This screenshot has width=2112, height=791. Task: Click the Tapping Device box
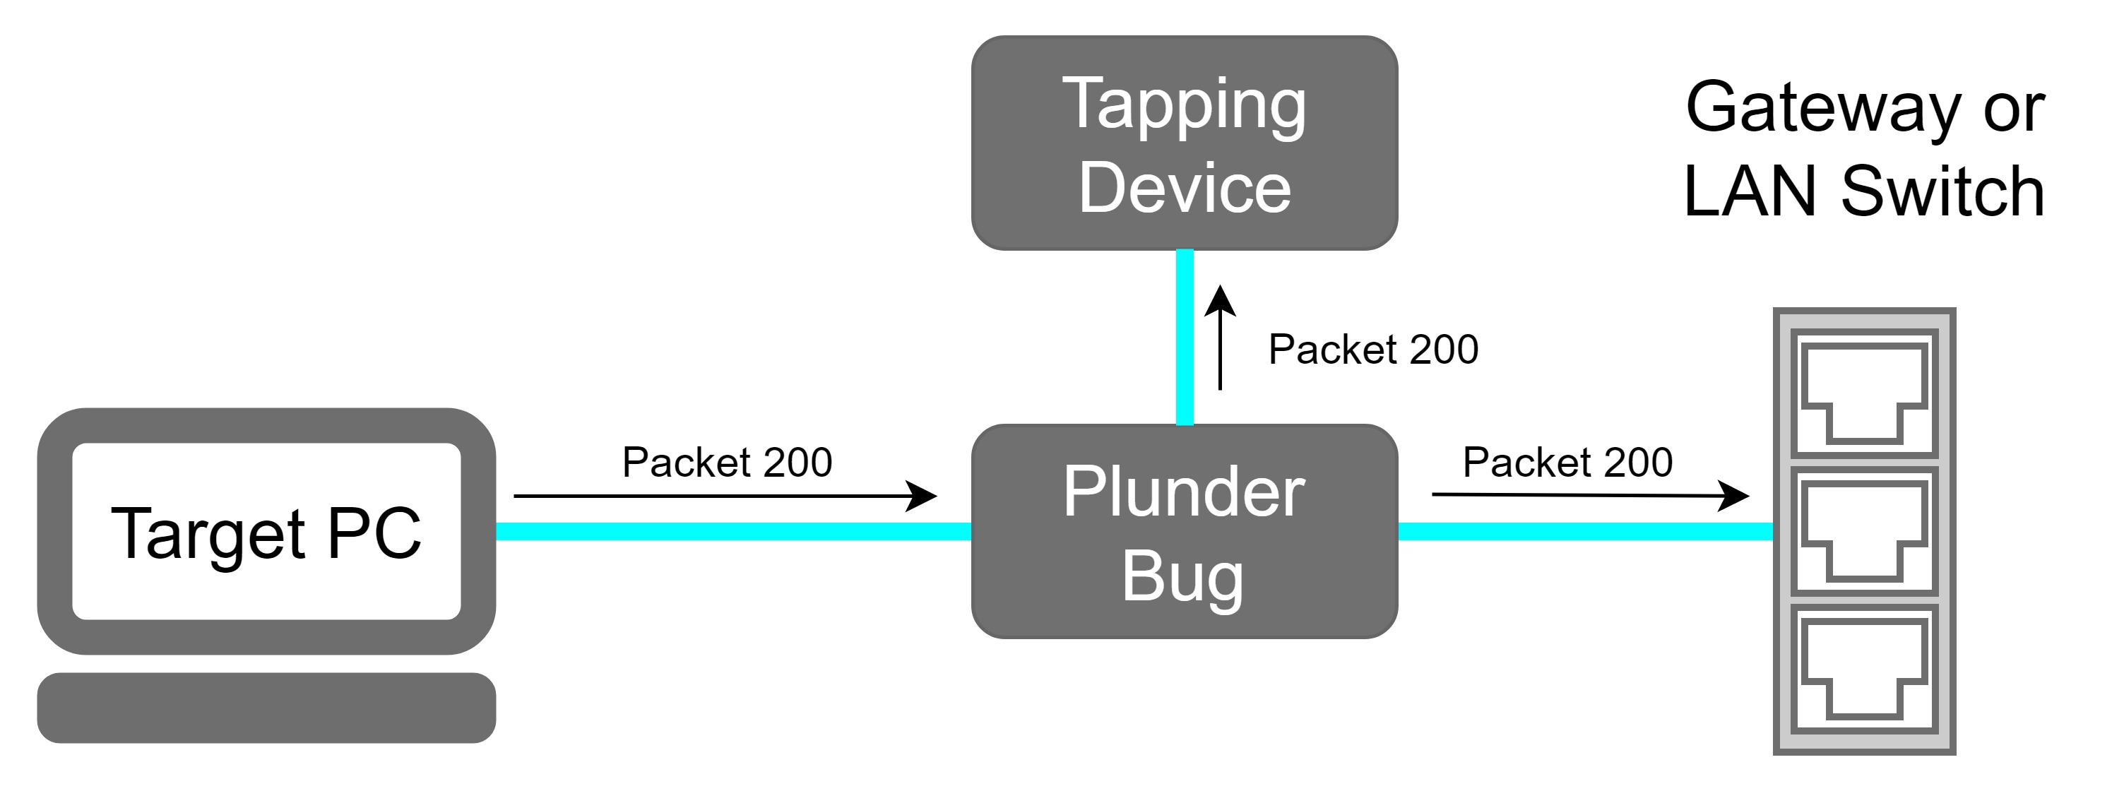coord(1184,143)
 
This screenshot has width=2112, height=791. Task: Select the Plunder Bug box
coord(1184,531)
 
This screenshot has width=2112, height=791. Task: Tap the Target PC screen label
coord(266,535)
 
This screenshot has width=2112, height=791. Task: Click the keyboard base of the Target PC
coord(266,708)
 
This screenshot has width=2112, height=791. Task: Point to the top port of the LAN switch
coord(1864,393)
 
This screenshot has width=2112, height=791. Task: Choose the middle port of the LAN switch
coord(1864,531)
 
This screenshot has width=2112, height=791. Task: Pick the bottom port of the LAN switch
coord(1864,669)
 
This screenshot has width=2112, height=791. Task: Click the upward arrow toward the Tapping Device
coord(1220,337)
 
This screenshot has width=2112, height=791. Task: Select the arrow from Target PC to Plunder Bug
coord(725,496)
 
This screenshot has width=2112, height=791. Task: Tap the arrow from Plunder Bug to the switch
coord(1591,495)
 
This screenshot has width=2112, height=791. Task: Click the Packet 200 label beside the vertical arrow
coord(1373,349)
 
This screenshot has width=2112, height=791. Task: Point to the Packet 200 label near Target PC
coord(728,463)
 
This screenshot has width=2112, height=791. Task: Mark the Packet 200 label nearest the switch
coord(1567,463)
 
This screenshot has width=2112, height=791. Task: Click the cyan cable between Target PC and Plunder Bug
coord(734,531)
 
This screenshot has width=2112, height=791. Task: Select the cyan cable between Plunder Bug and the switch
coord(1586,531)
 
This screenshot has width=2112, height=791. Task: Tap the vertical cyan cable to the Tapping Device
coord(1185,337)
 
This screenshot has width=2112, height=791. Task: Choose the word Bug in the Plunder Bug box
coord(1182,577)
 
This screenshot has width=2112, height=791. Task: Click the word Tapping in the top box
coord(1184,105)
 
